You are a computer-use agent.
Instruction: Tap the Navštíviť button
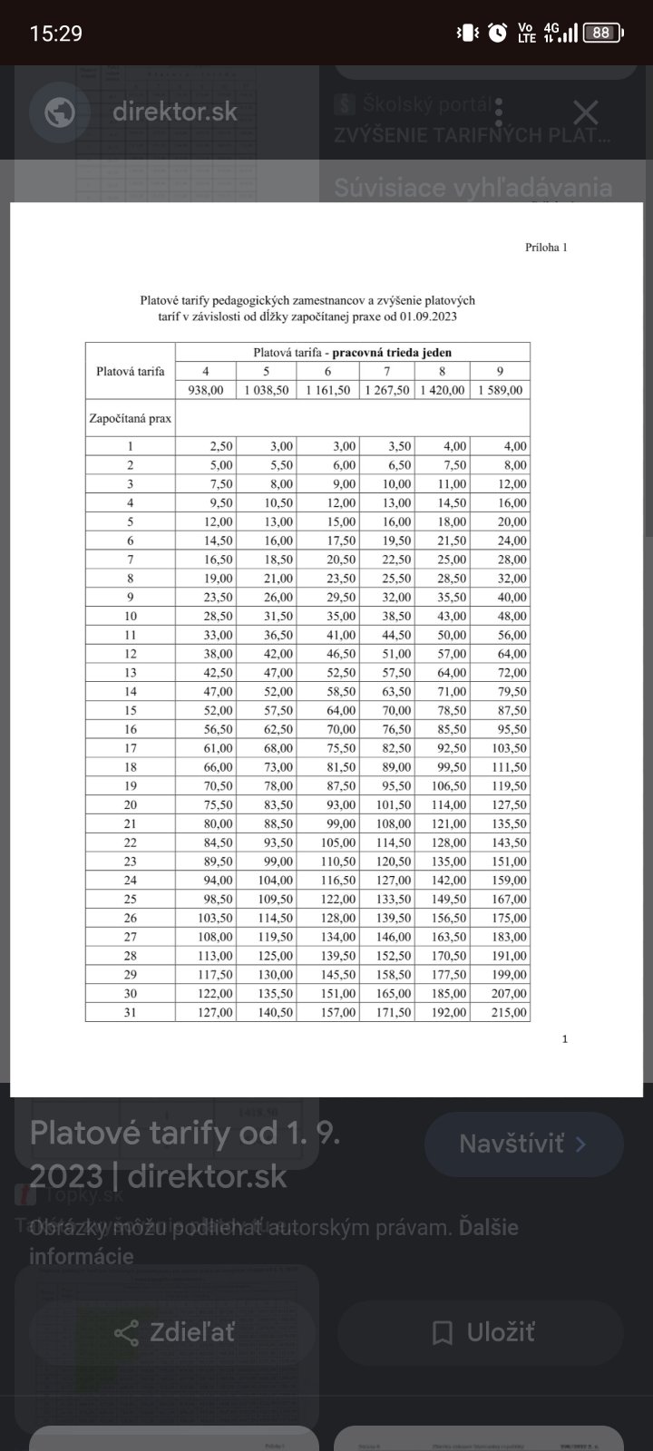click(x=523, y=1144)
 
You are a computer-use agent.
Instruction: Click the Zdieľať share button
click(x=173, y=1332)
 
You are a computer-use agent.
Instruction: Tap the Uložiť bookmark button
click(x=482, y=1332)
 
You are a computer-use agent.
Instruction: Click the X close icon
click(x=586, y=112)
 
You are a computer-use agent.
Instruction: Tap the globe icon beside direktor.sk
click(x=60, y=112)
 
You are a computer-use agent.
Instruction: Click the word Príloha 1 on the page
click(x=546, y=248)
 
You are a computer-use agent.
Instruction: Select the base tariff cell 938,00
click(x=206, y=390)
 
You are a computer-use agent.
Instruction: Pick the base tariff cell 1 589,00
click(x=501, y=390)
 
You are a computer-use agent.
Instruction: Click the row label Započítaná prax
click(x=131, y=419)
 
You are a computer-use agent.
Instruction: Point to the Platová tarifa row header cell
click(x=131, y=371)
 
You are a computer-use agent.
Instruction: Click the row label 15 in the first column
click(x=131, y=710)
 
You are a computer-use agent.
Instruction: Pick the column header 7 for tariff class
click(x=387, y=371)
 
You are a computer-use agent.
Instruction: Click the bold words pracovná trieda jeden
click(x=392, y=352)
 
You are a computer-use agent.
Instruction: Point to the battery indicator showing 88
click(x=601, y=34)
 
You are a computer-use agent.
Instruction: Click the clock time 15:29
click(x=56, y=34)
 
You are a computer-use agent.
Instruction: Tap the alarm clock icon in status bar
click(x=497, y=34)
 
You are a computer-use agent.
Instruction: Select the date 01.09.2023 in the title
click(x=427, y=316)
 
